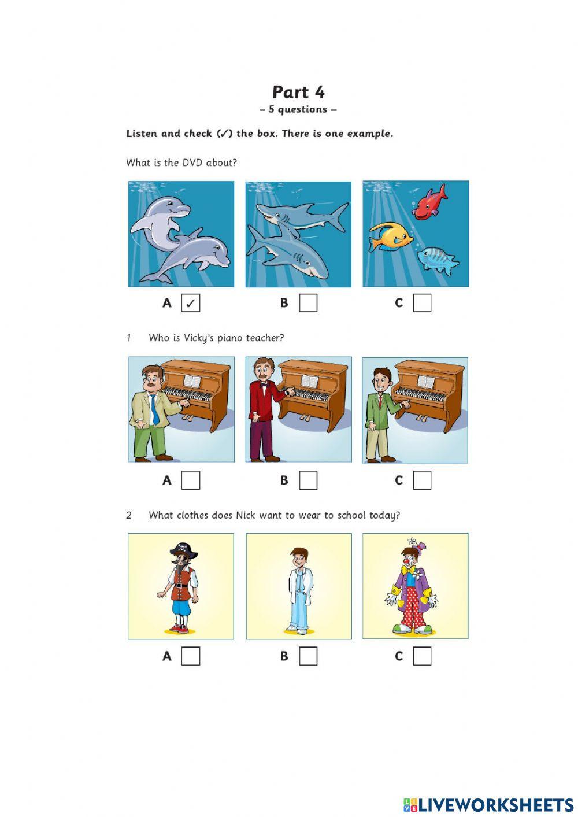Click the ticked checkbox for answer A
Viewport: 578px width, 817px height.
coord(191,303)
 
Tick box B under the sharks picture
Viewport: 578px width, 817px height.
coord(308,303)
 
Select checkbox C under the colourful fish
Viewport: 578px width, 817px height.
coord(423,303)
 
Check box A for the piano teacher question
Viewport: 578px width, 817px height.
coord(191,480)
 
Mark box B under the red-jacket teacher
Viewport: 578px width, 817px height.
coord(308,480)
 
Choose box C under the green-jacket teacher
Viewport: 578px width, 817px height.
coord(423,480)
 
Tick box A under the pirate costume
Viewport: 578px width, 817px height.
coord(191,656)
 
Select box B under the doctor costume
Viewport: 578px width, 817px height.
coord(308,656)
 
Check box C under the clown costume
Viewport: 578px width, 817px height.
coord(423,656)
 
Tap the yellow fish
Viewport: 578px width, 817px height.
coord(391,237)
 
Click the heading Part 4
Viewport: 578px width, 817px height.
coord(298,92)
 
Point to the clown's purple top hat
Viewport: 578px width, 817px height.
coord(421,548)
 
